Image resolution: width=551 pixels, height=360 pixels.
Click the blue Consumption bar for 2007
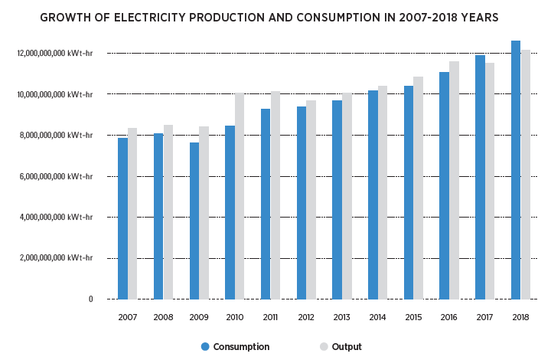coord(122,218)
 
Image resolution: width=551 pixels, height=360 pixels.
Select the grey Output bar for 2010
coord(240,196)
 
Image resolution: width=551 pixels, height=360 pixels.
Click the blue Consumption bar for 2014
coord(373,195)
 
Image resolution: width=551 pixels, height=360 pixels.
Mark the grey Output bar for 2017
coord(490,181)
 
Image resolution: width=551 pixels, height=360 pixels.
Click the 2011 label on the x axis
coord(270,316)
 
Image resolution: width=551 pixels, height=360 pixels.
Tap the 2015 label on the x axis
coord(413,316)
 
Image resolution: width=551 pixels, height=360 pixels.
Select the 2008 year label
coord(163,316)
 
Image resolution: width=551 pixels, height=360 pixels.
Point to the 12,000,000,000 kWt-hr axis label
coord(55,54)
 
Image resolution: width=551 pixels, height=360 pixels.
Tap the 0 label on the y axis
coord(90,299)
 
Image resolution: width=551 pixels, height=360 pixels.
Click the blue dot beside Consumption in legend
coord(205,347)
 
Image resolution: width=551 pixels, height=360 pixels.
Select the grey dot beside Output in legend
coord(324,347)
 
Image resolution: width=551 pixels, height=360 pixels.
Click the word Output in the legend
coord(347,347)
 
